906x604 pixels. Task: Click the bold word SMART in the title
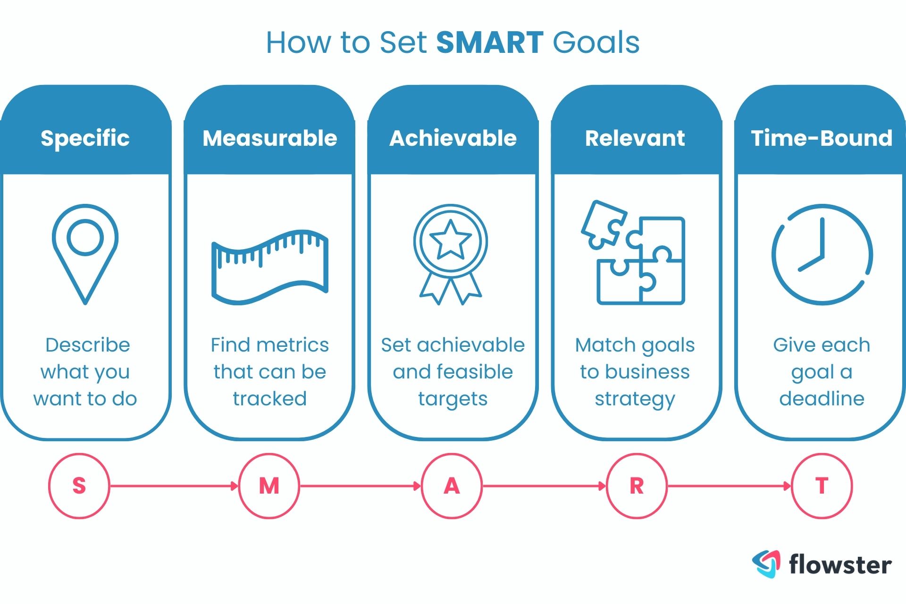point(489,43)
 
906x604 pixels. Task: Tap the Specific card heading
point(85,138)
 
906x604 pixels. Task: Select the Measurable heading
point(269,138)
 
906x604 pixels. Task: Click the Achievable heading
point(453,138)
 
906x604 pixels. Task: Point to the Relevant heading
point(635,138)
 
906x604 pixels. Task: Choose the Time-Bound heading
point(822,138)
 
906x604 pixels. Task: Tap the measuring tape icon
point(269,267)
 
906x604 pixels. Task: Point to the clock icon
point(822,254)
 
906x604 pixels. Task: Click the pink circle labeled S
point(79,486)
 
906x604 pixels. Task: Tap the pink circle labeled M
point(269,486)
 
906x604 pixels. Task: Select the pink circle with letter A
point(452,486)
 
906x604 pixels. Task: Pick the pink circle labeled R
point(637,486)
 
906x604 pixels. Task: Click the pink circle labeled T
point(822,486)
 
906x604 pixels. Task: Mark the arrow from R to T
point(729,486)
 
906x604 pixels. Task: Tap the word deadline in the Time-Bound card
point(822,399)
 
